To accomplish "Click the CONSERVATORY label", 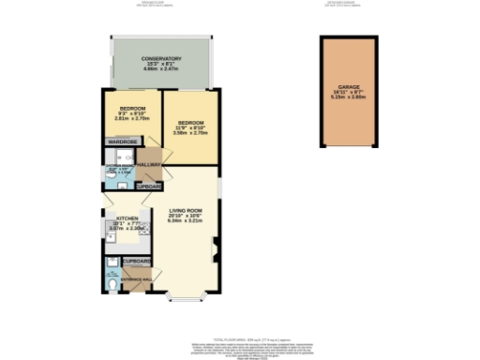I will tap(155, 58).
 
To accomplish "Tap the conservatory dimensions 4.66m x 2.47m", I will tap(155, 68).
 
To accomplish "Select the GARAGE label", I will tap(349, 86).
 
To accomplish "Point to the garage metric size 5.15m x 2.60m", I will tap(349, 97).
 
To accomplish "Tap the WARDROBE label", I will tap(123, 142).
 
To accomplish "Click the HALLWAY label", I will tap(149, 164).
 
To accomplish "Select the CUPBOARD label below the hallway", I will tap(150, 186).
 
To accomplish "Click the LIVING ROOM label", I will tap(186, 210).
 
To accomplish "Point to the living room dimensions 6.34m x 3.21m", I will tap(186, 220).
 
